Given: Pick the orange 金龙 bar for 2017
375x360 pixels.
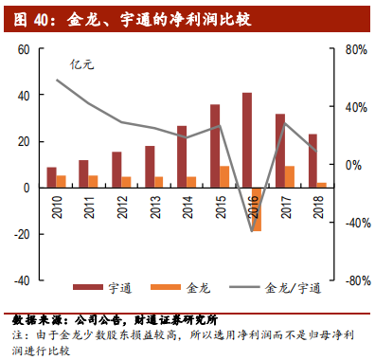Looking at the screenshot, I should [x=290, y=176].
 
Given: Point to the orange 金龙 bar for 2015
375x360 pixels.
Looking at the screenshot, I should [x=224, y=176].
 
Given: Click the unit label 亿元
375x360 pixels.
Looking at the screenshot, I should [x=83, y=64].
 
